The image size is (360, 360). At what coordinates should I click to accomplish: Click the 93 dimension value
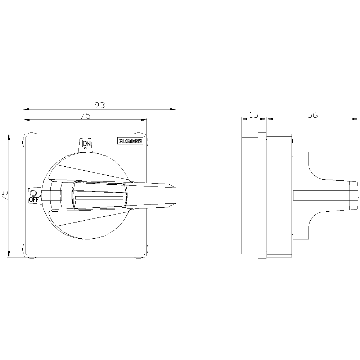tap(100, 105)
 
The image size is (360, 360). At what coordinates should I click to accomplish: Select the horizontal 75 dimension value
tap(85, 116)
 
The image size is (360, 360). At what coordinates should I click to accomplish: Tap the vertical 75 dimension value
tap(5, 195)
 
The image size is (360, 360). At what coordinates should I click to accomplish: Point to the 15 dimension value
tap(254, 115)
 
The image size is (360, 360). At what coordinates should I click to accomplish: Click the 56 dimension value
tap(312, 115)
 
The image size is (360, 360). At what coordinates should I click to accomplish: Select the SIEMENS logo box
tap(130, 141)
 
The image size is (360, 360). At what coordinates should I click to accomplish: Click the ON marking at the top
tap(86, 144)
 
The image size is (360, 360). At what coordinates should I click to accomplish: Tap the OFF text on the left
tap(33, 199)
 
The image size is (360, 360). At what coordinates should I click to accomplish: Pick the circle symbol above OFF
tap(33, 193)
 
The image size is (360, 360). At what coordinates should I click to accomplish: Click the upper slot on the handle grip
tap(99, 198)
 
